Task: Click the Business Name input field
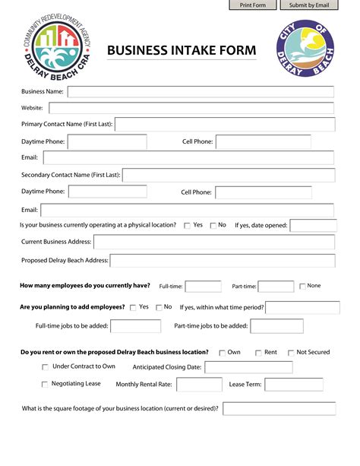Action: [x=201, y=92]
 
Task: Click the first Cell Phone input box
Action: [x=263, y=141]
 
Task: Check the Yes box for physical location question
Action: [x=187, y=225]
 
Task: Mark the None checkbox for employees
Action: [x=302, y=286]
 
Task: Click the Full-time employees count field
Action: [x=203, y=286]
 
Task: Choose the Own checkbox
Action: [x=222, y=353]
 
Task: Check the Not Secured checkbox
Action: [x=289, y=353]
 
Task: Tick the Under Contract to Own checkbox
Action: [x=45, y=366]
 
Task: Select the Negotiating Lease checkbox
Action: [x=45, y=384]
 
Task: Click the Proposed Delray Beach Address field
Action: [x=223, y=261]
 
